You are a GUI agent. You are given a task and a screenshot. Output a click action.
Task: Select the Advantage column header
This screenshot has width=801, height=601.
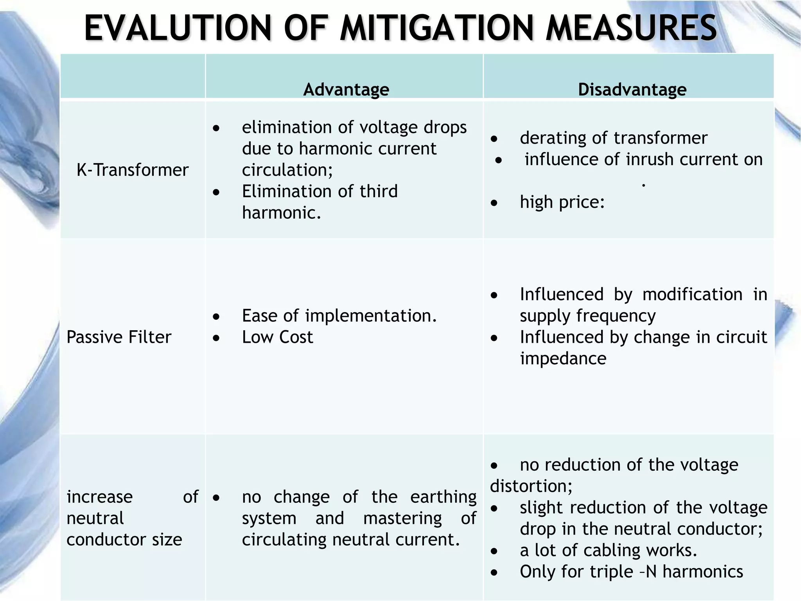(346, 90)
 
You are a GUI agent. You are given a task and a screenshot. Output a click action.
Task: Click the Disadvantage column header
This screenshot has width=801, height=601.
(632, 90)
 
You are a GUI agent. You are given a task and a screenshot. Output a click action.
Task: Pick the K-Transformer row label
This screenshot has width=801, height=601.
(133, 170)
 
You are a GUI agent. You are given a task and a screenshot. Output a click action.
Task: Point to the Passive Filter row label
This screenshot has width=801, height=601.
(119, 337)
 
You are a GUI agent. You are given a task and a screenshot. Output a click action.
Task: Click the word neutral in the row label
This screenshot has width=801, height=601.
(95, 518)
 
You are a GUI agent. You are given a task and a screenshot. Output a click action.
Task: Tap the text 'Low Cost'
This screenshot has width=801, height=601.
(277, 337)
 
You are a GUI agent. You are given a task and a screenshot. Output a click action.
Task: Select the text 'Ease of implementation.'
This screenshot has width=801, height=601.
(339, 316)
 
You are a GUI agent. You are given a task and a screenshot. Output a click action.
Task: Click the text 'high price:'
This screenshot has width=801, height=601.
(562, 202)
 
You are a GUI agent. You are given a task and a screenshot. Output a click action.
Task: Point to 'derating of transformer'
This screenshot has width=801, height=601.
(613, 138)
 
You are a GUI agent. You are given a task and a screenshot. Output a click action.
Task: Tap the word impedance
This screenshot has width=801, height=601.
(563, 358)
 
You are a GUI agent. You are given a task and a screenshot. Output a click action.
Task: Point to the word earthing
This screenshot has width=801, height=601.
(443, 497)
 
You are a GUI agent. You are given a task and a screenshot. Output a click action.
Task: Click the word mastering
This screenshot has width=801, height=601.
(402, 518)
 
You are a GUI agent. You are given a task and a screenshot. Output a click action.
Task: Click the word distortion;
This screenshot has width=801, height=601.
(531, 486)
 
